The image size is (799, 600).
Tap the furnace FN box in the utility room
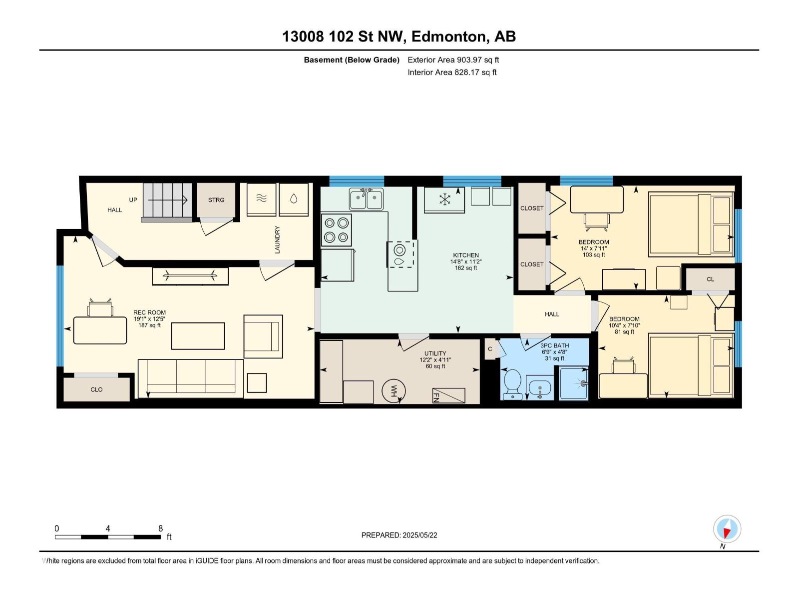(x=448, y=395)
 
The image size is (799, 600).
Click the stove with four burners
(x=336, y=230)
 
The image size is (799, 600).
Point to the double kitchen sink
(x=366, y=199)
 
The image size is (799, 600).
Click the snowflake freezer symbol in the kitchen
(x=444, y=199)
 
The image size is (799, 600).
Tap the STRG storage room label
(x=216, y=200)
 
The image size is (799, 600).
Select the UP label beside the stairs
(x=133, y=200)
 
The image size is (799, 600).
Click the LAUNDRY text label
(x=278, y=239)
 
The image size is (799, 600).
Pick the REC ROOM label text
(x=149, y=312)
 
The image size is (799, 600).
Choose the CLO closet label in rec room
(x=96, y=389)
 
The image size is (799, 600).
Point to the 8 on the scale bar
(x=160, y=528)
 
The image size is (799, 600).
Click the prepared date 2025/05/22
(x=419, y=535)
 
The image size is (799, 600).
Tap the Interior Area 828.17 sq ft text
(x=452, y=72)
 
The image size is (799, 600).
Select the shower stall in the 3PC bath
(x=574, y=383)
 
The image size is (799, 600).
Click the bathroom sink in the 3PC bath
(x=539, y=387)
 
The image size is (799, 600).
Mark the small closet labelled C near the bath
(x=490, y=349)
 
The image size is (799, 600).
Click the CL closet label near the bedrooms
(x=710, y=279)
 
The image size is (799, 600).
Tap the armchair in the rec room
(x=263, y=336)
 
